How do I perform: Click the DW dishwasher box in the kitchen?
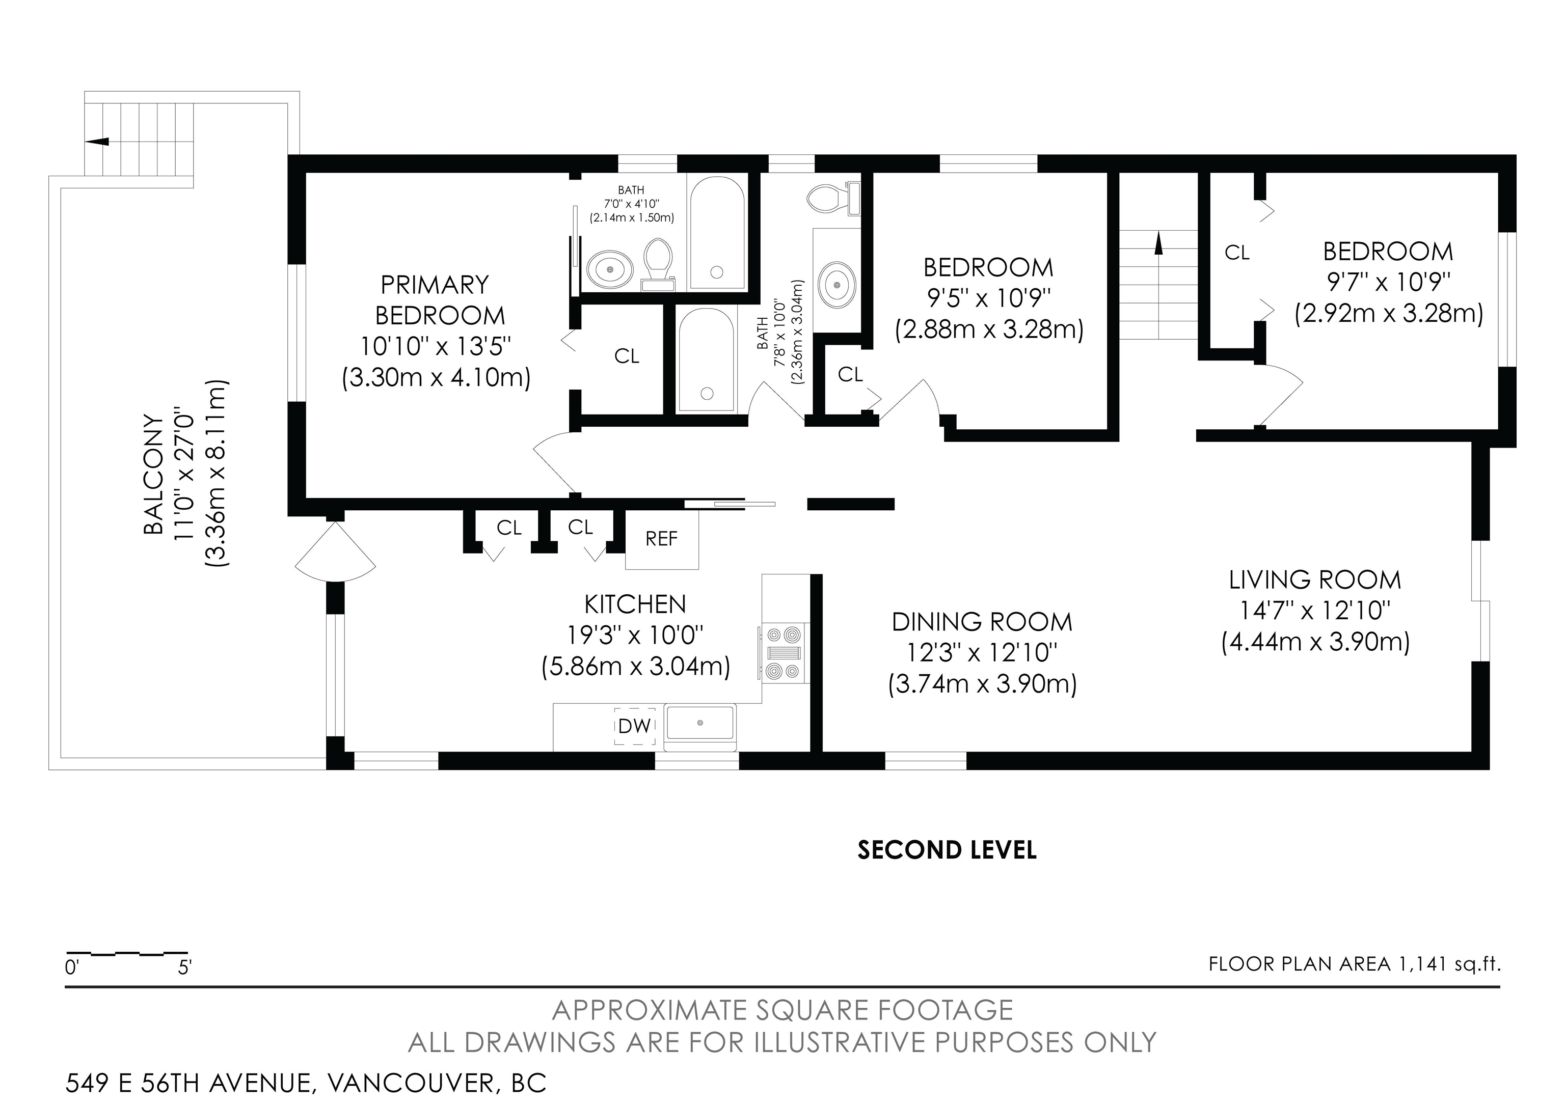point(635,726)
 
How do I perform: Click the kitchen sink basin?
point(700,724)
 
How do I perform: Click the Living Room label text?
point(1315,580)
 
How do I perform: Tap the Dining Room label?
point(982,622)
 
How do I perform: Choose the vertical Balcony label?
point(153,474)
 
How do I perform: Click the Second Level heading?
point(947,850)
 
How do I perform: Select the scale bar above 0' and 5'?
point(126,952)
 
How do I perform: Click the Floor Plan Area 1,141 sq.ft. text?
point(1355,964)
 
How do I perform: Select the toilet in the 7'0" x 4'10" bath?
point(658,263)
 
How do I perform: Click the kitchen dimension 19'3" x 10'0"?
point(635,636)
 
